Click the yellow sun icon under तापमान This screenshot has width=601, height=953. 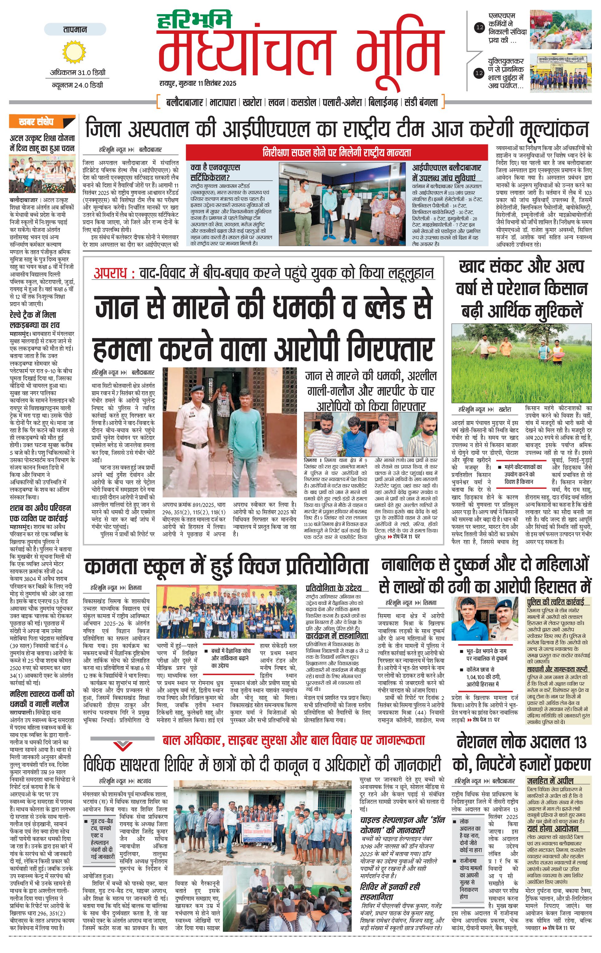(74, 53)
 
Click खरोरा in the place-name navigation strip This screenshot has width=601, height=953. (252, 102)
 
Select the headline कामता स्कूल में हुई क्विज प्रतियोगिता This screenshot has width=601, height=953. (226, 566)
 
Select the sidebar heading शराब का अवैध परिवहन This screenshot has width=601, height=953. (40, 512)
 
